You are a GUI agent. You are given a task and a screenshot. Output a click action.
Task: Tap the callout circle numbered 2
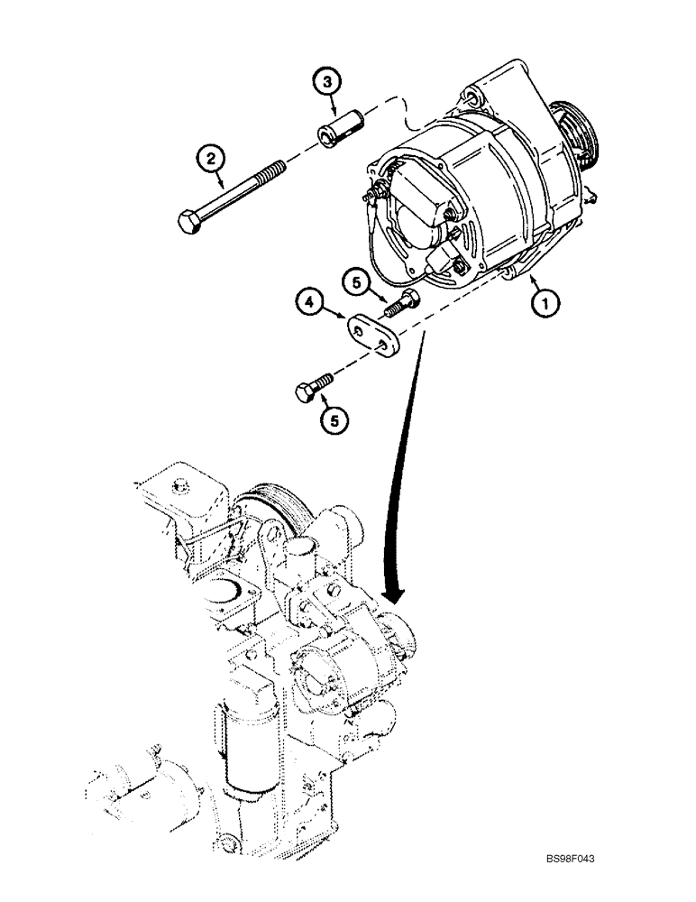(x=212, y=161)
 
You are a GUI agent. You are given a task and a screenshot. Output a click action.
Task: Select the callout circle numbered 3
(x=329, y=82)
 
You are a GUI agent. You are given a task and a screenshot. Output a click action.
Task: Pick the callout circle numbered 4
(x=308, y=304)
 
